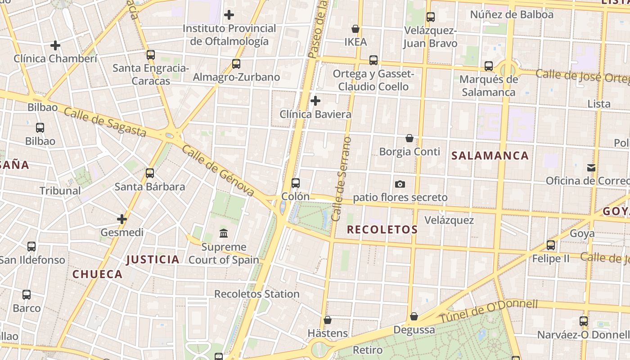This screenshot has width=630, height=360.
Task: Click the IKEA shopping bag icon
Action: click(x=355, y=29)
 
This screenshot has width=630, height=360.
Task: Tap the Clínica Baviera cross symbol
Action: click(x=315, y=101)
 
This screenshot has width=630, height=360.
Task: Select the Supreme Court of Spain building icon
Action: click(x=224, y=233)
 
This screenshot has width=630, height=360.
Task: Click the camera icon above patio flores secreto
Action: click(x=400, y=184)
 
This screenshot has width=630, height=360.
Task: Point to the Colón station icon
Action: click(x=296, y=183)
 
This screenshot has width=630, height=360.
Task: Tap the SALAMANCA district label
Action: click(x=490, y=156)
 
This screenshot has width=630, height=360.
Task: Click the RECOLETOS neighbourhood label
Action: click(x=382, y=229)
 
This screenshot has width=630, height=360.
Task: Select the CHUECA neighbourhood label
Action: click(x=98, y=274)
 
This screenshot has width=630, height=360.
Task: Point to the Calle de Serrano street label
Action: click(x=341, y=179)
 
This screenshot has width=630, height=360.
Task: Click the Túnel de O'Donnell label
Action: click(x=488, y=311)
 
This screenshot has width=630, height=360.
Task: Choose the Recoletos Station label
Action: click(x=256, y=294)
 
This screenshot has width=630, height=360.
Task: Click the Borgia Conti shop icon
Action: click(x=409, y=138)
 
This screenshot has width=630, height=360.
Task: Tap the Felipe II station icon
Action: click(x=551, y=245)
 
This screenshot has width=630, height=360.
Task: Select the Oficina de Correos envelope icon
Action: click(x=591, y=168)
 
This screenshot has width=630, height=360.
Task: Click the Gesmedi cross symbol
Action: click(x=122, y=219)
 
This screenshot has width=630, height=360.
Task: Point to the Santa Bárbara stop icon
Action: click(x=150, y=173)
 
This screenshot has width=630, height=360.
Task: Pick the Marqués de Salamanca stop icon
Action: click(x=489, y=66)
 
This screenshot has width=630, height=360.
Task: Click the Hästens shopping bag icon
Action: click(x=328, y=320)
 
